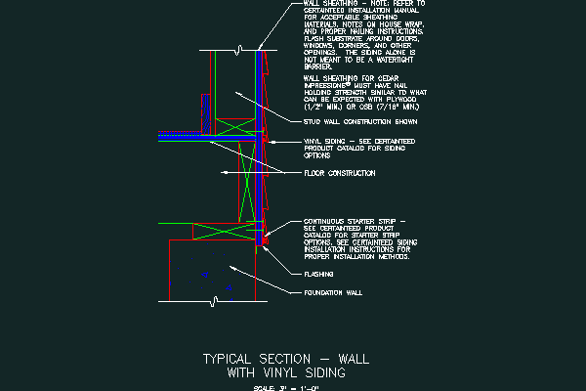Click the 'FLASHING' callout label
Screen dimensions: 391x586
tap(319, 275)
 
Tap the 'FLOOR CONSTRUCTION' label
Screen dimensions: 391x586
tap(338, 173)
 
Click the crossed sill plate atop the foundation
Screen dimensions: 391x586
tap(224, 230)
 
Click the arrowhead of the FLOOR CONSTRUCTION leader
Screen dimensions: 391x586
tap(222, 173)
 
